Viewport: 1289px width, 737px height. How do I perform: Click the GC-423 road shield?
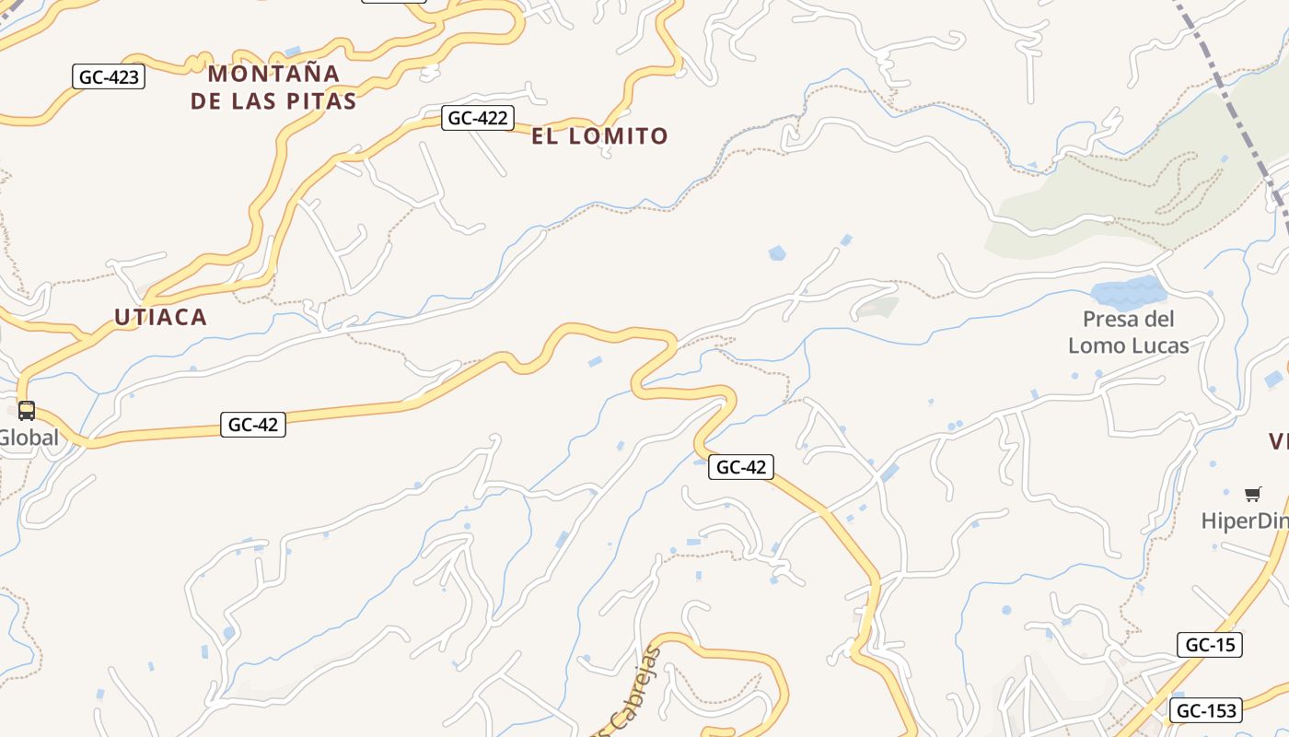tap(109, 76)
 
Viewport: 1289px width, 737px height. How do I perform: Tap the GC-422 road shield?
tap(477, 118)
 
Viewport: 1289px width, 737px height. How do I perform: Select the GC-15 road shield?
tap(1209, 645)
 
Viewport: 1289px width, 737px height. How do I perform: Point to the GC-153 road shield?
tap(1205, 710)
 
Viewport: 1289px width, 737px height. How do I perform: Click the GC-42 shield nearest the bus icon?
tap(252, 425)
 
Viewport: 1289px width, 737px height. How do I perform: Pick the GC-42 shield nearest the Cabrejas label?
tap(740, 467)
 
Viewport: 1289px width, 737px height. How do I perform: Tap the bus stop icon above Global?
tap(27, 411)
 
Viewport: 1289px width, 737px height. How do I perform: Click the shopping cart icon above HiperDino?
tap(1252, 495)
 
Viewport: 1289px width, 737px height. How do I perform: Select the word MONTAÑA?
tap(274, 74)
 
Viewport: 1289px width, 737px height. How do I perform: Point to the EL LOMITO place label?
tap(599, 136)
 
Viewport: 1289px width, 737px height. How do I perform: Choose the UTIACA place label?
tap(160, 318)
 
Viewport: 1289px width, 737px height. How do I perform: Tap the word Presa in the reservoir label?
tap(1115, 320)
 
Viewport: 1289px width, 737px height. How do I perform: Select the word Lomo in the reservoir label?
tap(1097, 346)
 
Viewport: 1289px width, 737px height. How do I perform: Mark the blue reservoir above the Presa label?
tap(1128, 292)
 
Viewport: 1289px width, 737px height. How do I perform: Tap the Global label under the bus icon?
tap(29, 438)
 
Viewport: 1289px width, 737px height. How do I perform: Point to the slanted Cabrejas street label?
tap(636, 691)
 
